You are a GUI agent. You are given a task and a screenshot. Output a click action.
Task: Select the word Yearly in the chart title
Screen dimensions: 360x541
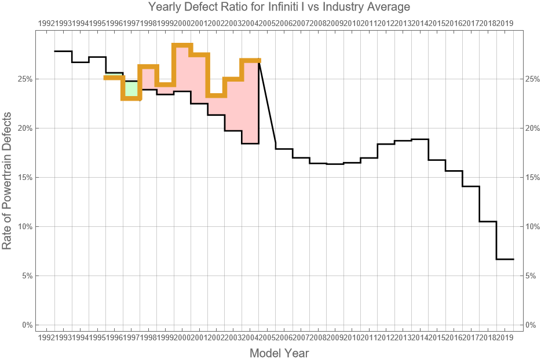tap(165, 8)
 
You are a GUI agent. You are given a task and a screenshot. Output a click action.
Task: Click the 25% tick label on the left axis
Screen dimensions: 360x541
tap(25, 79)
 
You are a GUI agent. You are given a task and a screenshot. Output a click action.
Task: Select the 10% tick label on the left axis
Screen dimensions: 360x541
tap(25, 226)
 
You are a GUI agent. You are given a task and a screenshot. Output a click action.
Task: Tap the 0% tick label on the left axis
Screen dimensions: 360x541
tap(27, 325)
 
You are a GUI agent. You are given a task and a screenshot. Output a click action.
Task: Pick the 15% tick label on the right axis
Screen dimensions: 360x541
tap(532, 177)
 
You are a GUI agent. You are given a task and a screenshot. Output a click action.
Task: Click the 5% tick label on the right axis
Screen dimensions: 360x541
tap(530, 275)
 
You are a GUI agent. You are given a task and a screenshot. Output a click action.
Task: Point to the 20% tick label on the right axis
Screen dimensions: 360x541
tap(532, 128)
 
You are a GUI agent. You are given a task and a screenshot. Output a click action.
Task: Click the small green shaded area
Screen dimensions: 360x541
tap(131, 89)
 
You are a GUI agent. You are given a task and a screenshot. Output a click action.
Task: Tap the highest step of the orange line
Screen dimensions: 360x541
tap(182, 46)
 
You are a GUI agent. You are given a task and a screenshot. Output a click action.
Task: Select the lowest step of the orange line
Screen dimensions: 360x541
tap(131, 98)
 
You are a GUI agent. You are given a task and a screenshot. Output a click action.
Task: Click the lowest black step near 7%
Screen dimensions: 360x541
tap(505, 259)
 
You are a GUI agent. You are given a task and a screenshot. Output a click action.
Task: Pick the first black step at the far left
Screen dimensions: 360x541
tap(63, 52)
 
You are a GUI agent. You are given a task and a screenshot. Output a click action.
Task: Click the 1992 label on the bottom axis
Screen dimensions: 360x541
tap(46, 337)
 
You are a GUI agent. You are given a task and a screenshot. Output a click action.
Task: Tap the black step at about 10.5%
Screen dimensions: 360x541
tap(488, 221)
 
